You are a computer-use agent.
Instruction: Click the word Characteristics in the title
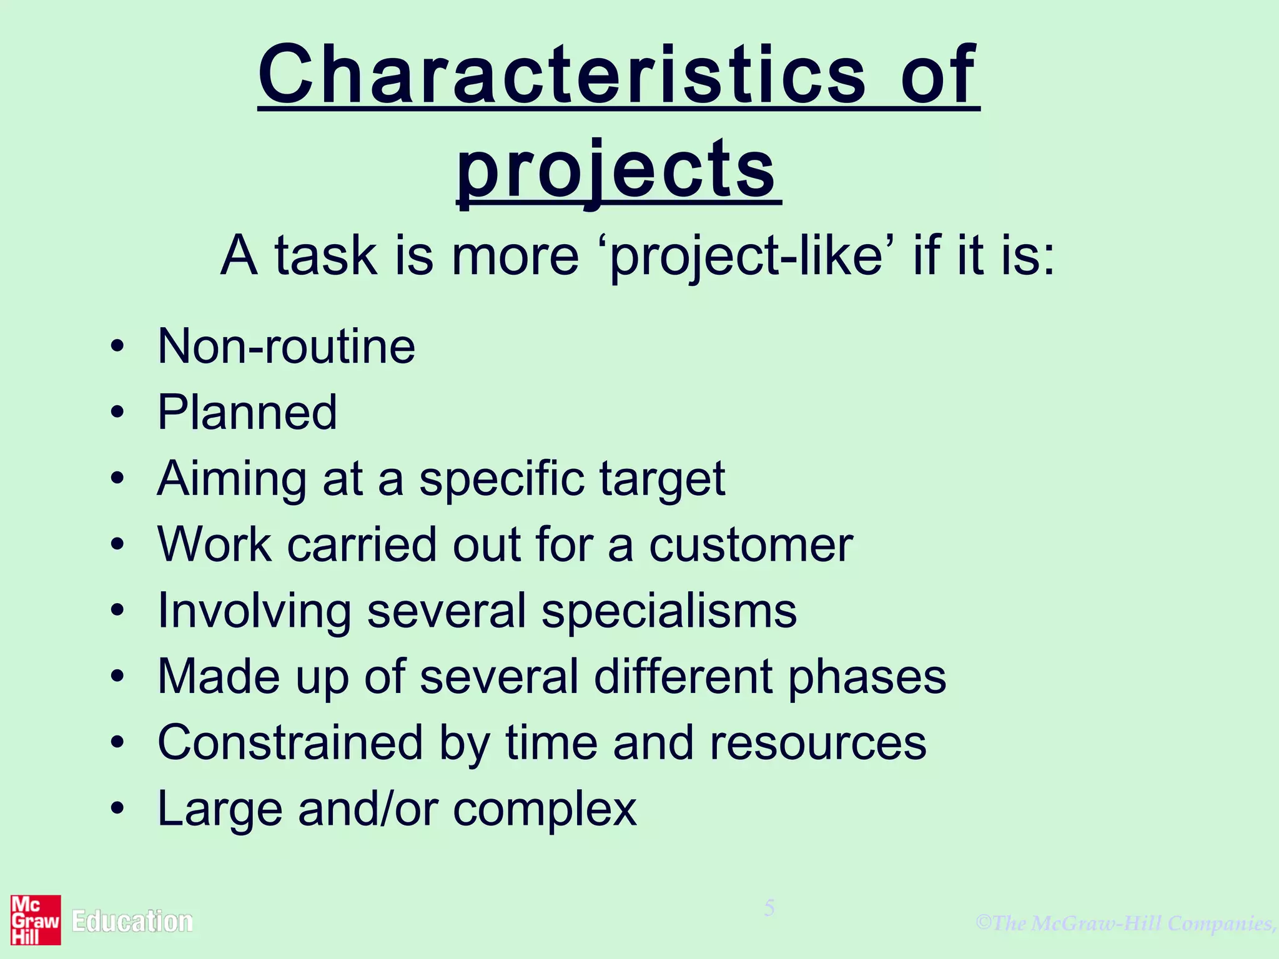(562, 76)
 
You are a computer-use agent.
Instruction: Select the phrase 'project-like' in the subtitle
(747, 256)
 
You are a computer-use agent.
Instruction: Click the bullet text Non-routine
(286, 347)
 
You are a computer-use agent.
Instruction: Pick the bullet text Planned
(247, 413)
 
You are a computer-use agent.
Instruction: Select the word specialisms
(669, 611)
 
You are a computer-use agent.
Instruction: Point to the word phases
(867, 677)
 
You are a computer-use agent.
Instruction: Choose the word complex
(545, 810)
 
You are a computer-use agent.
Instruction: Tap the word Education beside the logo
(132, 922)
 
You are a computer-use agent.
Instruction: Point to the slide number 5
(769, 908)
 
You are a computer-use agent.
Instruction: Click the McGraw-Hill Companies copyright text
(1127, 923)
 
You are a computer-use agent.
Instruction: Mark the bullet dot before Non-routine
(117, 347)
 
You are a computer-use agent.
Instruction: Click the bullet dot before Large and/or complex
(117, 809)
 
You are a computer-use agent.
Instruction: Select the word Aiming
(232, 479)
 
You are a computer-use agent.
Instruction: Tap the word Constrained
(290, 743)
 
